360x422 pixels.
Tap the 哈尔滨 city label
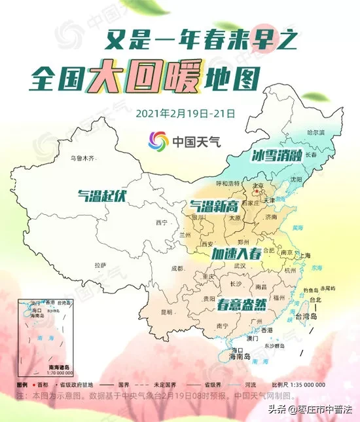click(x=316, y=132)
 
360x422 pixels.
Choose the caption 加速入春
click(x=236, y=253)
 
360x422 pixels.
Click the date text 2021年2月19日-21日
click(x=185, y=112)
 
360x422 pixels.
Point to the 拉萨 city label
click(x=99, y=265)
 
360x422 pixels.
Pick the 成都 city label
click(x=177, y=268)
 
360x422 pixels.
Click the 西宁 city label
click(x=162, y=223)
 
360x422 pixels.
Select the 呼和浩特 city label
click(x=228, y=182)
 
